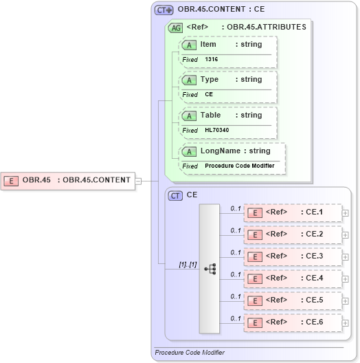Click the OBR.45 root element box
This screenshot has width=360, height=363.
[68, 181]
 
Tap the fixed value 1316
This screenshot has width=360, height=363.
[211, 60]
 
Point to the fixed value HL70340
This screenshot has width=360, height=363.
[217, 131]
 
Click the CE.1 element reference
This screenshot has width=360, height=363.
[293, 212]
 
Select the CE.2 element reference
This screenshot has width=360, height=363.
[293, 234]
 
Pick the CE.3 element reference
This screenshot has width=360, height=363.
[293, 256]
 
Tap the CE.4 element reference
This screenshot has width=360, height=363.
[293, 278]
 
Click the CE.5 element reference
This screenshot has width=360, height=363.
[293, 300]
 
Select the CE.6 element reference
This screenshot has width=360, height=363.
[293, 322]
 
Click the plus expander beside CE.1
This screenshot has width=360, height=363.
[346, 213]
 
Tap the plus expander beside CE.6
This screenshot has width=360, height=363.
[346, 323]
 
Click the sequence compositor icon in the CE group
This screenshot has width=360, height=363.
[210, 269]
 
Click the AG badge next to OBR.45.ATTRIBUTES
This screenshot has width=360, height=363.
[175, 27]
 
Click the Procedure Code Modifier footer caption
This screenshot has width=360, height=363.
[189, 353]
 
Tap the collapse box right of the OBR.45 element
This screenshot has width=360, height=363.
[138, 181]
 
